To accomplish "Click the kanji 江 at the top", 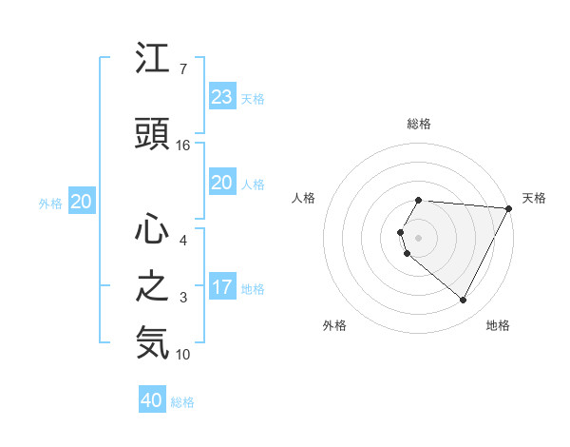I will click(x=153, y=62).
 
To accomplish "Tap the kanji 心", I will click(x=153, y=228).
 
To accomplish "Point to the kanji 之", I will click(x=153, y=286).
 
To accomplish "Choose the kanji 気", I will click(x=153, y=342).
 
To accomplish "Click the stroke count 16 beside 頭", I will click(x=183, y=145).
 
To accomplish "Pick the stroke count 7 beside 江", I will click(x=182, y=70).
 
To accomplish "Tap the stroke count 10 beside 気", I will click(x=183, y=355).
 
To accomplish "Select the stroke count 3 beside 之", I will click(x=182, y=298).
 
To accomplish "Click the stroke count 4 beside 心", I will click(x=182, y=240).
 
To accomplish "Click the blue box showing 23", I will click(x=221, y=96).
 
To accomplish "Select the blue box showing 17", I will click(x=221, y=287).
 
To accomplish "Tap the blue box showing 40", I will click(x=152, y=400).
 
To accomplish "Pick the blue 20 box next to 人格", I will click(x=221, y=183).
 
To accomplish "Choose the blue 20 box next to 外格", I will click(x=82, y=201).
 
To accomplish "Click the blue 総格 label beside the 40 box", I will click(x=182, y=402).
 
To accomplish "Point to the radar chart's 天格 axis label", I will click(x=534, y=198).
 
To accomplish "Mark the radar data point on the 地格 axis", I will click(x=464, y=301).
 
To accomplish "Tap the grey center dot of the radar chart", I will click(x=419, y=237).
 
